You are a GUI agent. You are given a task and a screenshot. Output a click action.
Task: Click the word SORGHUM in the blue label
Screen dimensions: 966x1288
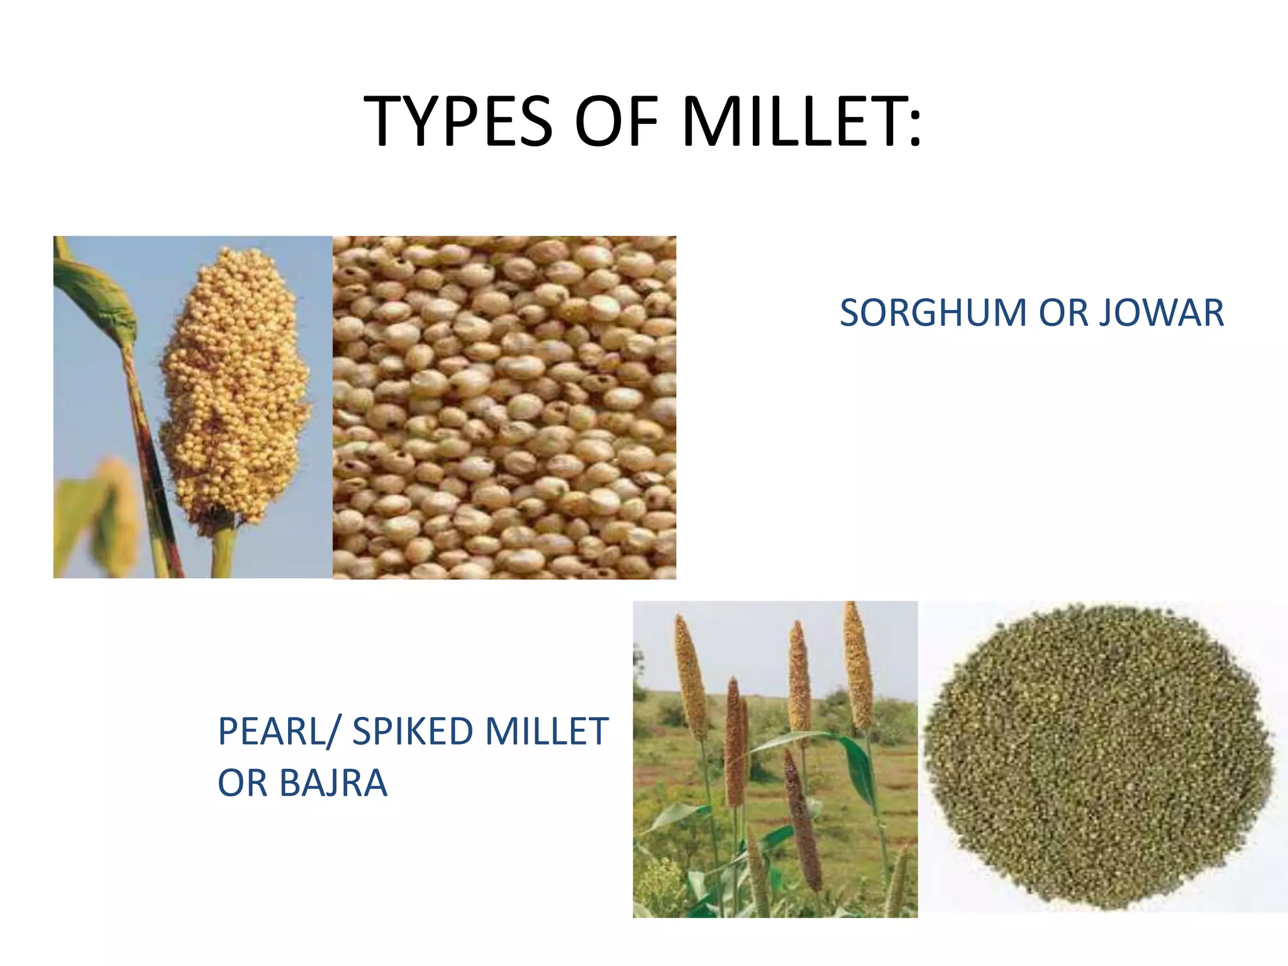tap(933, 313)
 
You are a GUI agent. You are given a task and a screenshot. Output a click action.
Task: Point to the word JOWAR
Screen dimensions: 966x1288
tap(1161, 313)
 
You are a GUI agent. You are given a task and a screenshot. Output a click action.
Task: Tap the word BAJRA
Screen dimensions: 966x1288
tap(333, 783)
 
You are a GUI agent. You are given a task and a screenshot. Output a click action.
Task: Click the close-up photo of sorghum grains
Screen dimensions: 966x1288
tap(504, 407)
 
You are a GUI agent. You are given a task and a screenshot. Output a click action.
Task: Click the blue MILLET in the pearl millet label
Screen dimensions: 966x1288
tap(546, 731)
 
